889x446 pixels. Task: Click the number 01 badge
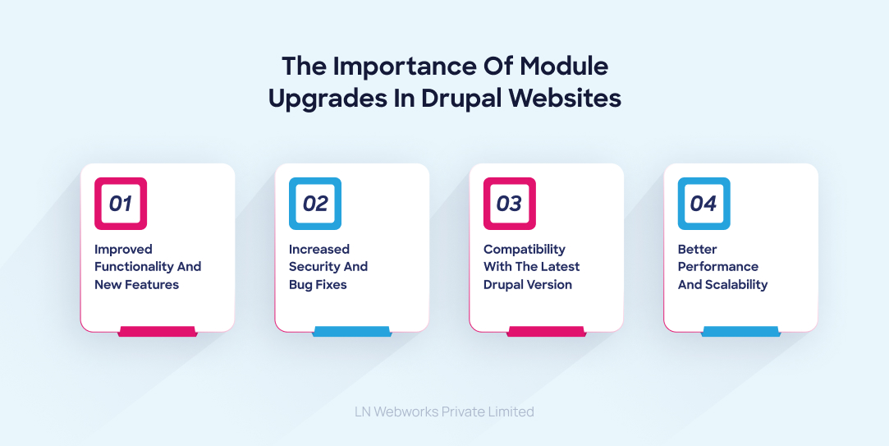(121, 204)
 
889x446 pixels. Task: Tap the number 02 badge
(315, 204)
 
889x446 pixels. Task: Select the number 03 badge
(510, 204)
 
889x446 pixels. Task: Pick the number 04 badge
(703, 204)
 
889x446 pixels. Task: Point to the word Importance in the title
(395, 65)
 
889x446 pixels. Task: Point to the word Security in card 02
(316, 267)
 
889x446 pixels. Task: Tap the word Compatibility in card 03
(524, 249)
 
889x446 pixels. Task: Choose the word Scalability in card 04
(735, 285)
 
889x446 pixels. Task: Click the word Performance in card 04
(717, 267)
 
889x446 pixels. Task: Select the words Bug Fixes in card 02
(318, 285)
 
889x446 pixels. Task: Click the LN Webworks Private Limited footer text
(444, 412)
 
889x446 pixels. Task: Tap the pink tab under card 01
(158, 332)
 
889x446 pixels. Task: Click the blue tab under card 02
(352, 332)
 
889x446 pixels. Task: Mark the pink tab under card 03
(547, 332)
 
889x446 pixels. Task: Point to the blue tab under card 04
(740, 332)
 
